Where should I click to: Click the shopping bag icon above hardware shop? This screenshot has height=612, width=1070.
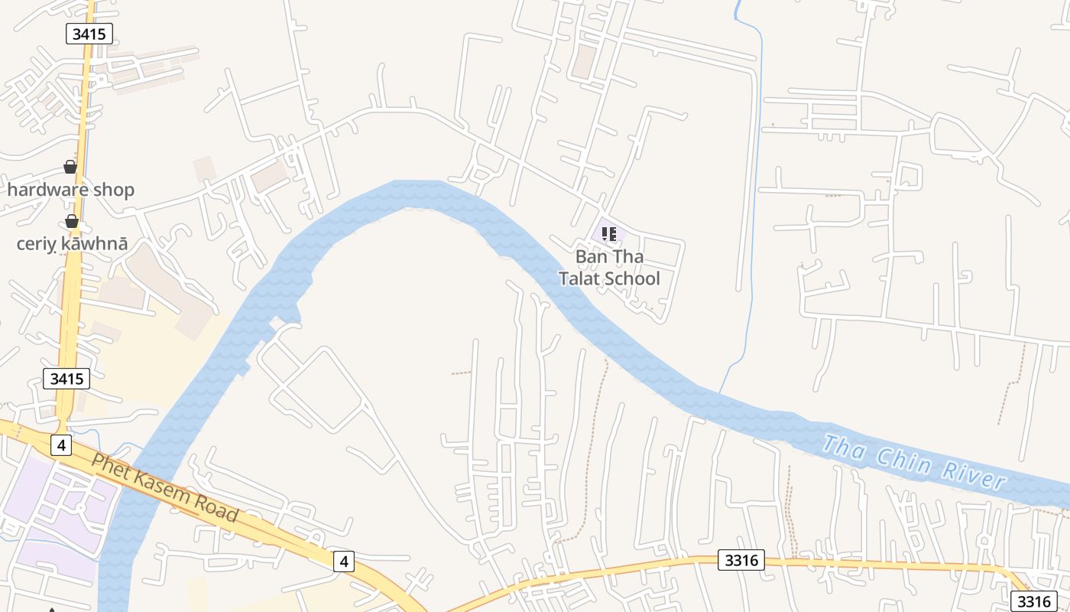(70, 167)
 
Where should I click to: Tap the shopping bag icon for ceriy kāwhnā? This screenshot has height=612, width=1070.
(72, 222)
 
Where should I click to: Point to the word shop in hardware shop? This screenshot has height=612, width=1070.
(114, 190)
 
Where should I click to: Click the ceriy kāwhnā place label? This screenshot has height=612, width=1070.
(72, 244)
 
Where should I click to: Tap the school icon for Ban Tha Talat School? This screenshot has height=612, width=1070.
(609, 233)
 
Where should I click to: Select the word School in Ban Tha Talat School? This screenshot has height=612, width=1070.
(633, 278)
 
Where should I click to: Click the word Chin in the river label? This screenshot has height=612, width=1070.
(899, 457)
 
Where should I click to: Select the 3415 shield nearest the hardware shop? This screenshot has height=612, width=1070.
(89, 34)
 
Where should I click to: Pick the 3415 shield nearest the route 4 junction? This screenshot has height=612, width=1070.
(66, 379)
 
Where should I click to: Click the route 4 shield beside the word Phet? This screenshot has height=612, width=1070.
(61, 444)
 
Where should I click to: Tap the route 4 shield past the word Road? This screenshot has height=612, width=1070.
(344, 562)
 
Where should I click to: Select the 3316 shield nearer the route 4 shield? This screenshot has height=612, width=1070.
(741, 560)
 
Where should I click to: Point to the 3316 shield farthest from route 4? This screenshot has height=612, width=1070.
(1035, 601)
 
